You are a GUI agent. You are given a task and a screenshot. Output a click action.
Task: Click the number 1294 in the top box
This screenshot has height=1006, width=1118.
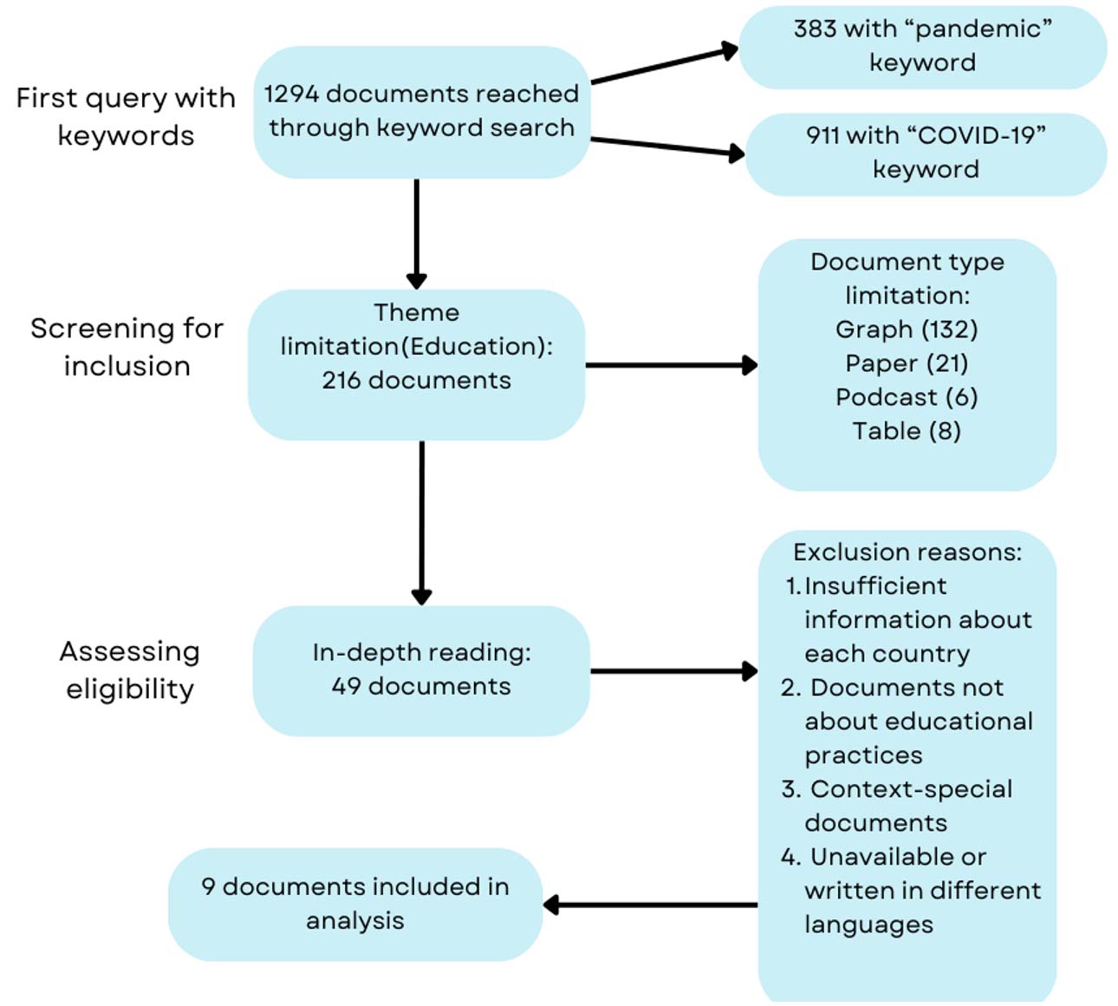tap(291, 94)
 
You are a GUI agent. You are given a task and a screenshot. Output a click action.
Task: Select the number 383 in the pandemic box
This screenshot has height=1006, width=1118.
tap(814, 29)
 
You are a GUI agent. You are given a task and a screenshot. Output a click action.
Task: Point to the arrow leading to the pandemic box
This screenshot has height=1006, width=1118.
tap(664, 65)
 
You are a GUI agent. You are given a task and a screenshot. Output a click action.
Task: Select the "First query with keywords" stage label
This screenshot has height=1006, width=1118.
tap(126, 116)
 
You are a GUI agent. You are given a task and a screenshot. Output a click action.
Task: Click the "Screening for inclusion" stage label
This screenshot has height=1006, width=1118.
tap(127, 347)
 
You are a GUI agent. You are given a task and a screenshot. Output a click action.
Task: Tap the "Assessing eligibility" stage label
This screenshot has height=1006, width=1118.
tap(129, 670)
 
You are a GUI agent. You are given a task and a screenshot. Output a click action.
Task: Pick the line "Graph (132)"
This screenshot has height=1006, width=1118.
tap(907, 330)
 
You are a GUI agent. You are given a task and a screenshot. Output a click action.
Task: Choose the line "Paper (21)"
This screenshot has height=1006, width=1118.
tap(907, 363)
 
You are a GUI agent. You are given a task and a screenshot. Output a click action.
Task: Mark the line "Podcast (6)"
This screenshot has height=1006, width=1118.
tap(907, 397)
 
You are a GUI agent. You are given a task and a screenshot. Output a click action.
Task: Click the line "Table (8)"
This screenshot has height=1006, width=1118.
tap(907, 431)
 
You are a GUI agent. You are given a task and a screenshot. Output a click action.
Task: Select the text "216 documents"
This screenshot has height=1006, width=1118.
tap(416, 380)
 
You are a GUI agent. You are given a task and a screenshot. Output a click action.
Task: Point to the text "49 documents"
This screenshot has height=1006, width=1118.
tap(421, 686)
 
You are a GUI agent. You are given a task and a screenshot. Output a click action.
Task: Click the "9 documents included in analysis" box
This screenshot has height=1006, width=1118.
tap(355, 904)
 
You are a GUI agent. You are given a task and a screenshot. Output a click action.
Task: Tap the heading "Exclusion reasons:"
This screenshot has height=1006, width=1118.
tap(907, 552)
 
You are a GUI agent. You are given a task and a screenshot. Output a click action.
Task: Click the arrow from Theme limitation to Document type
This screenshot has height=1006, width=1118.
tap(671, 365)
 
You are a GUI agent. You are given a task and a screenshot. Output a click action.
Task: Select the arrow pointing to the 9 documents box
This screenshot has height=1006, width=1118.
tap(650, 905)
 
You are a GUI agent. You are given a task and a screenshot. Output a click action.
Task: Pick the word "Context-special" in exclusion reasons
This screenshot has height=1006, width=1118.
tap(911, 789)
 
